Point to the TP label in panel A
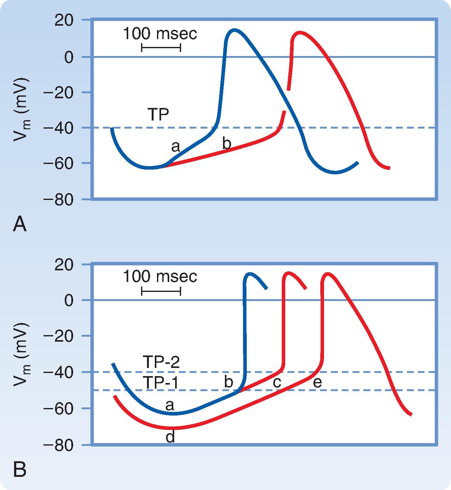tap(158, 115)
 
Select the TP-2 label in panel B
tap(161, 362)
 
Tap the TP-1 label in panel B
tap(161, 382)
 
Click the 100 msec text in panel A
tap(160, 34)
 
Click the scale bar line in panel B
tap(161, 292)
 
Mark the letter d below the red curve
tap(170, 437)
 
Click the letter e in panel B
tap(317, 382)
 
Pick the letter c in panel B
tap(277, 382)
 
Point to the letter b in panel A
tap(226, 143)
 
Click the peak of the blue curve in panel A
tap(234, 30)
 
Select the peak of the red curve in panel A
tap(300, 32)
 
